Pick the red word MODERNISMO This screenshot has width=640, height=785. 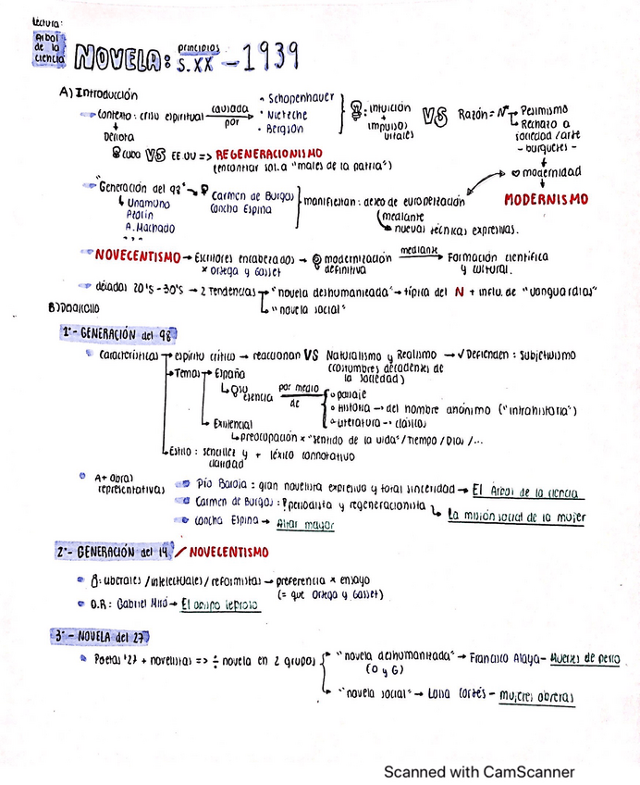tap(546, 199)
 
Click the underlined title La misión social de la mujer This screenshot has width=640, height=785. tap(515, 517)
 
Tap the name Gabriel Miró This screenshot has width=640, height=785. tap(146, 603)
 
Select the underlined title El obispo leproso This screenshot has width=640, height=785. tap(220, 604)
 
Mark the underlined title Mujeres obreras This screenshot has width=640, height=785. tap(536, 697)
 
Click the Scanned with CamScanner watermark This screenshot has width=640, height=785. tap(479, 771)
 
